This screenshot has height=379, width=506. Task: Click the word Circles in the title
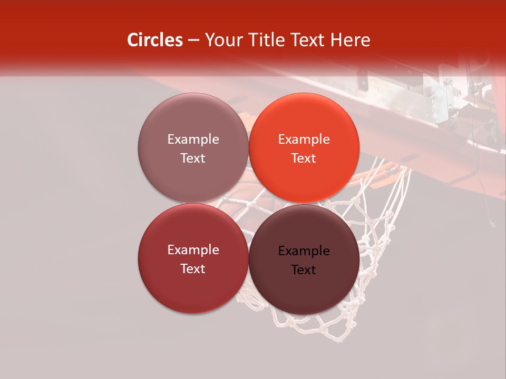pyautogui.click(x=154, y=40)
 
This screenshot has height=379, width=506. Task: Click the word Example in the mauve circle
pyautogui.click(x=193, y=139)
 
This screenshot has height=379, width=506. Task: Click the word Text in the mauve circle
pyautogui.click(x=193, y=158)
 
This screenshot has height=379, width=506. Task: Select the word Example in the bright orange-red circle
pyautogui.click(x=304, y=139)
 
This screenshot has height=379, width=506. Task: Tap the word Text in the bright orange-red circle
pyautogui.click(x=304, y=158)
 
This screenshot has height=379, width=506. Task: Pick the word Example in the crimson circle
pyautogui.click(x=193, y=250)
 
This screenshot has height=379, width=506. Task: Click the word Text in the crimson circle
pyautogui.click(x=193, y=269)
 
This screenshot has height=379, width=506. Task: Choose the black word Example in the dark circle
pyautogui.click(x=304, y=251)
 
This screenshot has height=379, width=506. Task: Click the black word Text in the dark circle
pyautogui.click(x=304, y=270)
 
